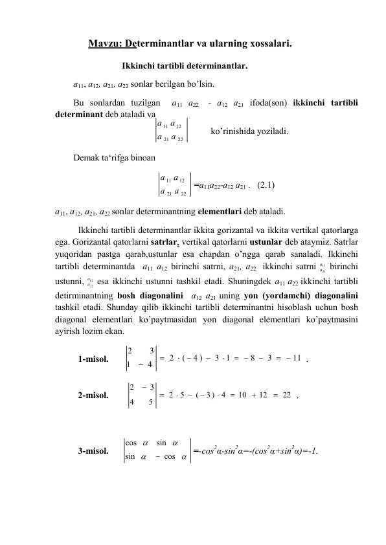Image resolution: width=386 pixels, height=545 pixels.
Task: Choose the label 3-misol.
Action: coord(93,450)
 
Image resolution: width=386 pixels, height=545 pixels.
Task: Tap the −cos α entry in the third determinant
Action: coord(170,458)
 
